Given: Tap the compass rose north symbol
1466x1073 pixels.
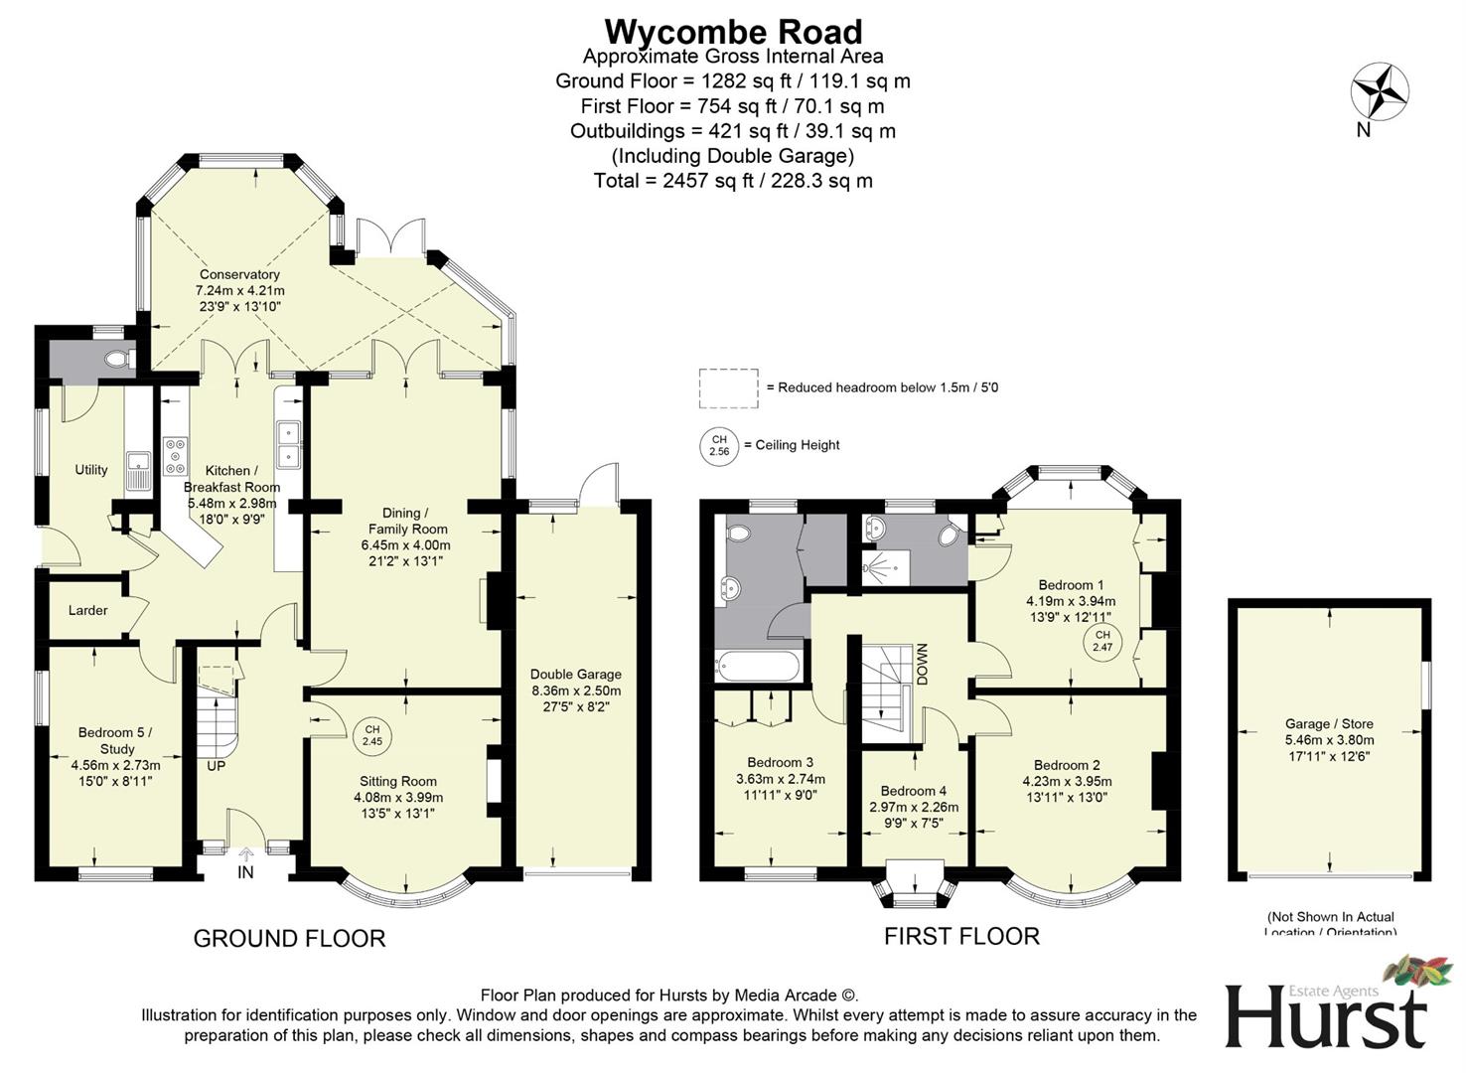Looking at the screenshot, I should (1380, 93).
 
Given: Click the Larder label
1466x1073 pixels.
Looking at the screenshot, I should (87, 610).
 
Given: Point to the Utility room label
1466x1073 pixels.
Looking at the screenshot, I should (91, 470).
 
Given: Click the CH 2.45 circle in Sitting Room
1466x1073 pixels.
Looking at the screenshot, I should (371, 735).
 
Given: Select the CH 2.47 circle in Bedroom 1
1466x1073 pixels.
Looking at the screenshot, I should (1101, 641).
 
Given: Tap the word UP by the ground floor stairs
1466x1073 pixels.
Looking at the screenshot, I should (217, 767).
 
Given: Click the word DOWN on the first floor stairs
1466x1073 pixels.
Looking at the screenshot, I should (922, 664).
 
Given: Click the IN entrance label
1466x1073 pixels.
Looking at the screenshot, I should (245, 872).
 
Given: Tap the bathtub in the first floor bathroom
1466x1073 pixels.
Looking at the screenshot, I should (757, 665).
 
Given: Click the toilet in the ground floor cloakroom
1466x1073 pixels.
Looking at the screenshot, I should (119, 359).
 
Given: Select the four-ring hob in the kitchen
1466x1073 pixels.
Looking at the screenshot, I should (175, 455).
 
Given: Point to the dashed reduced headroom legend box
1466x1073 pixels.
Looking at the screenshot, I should (728, 387).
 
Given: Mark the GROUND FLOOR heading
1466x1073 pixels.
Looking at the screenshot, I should (289, 938).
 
